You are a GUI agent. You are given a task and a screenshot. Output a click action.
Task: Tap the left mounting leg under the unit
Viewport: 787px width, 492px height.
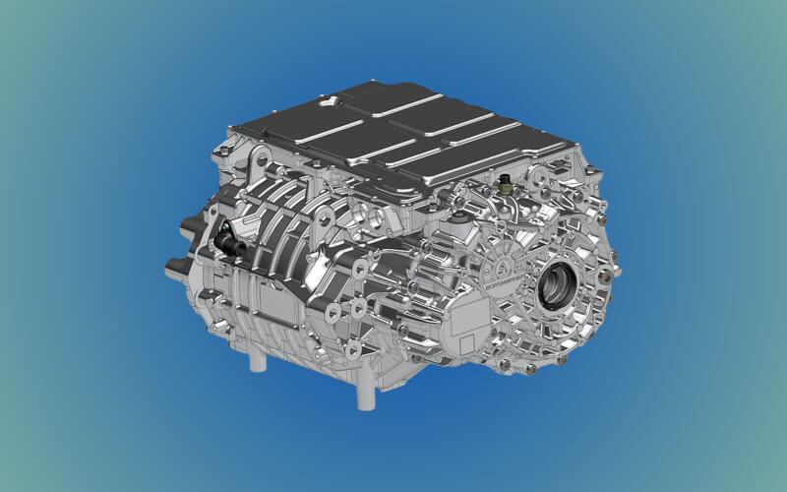click(x=258, y=359)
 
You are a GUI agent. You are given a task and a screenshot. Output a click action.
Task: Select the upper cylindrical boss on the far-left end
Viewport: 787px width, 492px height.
click(x=187, y=230)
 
